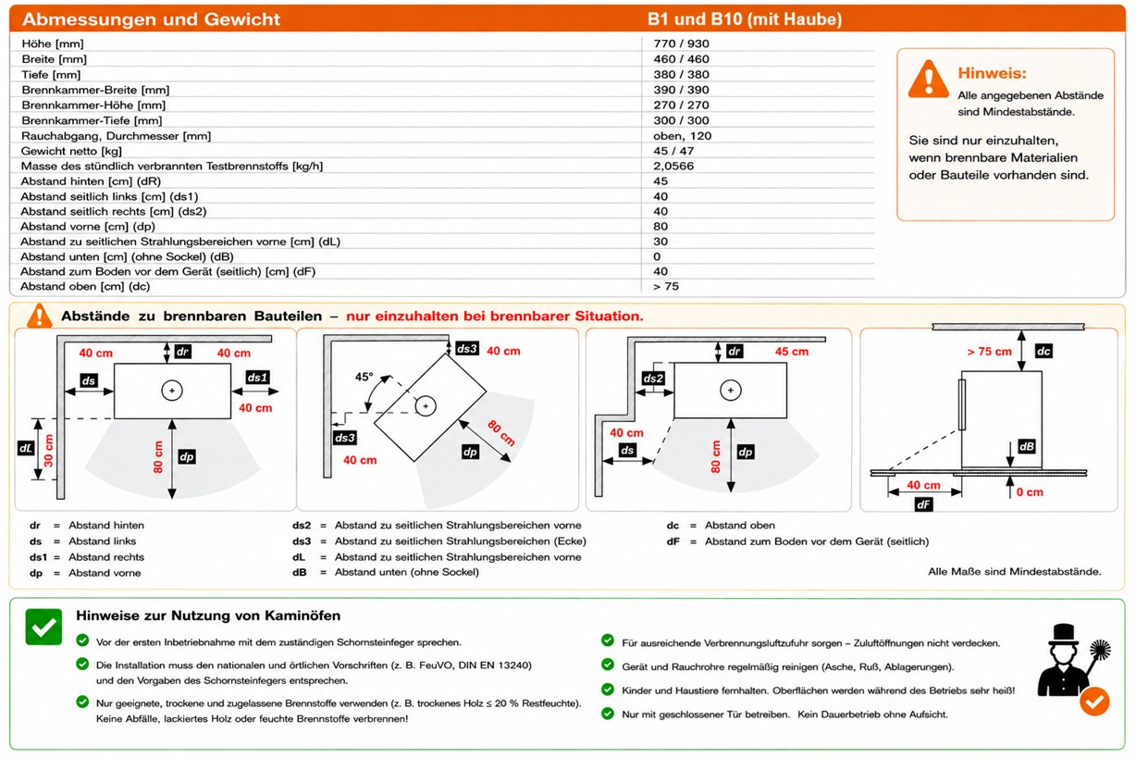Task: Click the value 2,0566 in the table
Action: click(x=673, y=166)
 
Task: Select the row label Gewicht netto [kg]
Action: click(x=71, y=151)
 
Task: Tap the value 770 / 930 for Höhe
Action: click(x=681, y=43)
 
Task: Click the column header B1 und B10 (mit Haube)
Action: click(x=745, y=19)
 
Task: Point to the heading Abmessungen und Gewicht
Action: click(x=151, y=19)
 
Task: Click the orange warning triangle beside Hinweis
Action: click(x=928, y=80)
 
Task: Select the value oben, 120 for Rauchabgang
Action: click(x=682, y=136)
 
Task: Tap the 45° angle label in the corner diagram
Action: click(x=364, y=377)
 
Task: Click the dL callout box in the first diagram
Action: click(x=25, y=448)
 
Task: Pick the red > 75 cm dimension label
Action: click(x=989, y=352)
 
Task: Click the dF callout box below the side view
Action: click(x=923, y=504)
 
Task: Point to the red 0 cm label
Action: click(x=1030, y=492)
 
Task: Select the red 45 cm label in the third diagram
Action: click(x=792, y=352)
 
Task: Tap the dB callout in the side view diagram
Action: click(x=1027, y=446)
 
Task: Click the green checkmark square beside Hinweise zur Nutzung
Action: click(x=43, y=627)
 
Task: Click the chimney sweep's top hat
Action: click(x=1063, y=634)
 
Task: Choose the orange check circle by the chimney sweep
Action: click(x=1094, y=702)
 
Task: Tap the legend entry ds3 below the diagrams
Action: click(x=302, y=541)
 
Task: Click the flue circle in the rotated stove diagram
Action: click(x=426, y=406)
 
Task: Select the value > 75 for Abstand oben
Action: click(x=666, y=287)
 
